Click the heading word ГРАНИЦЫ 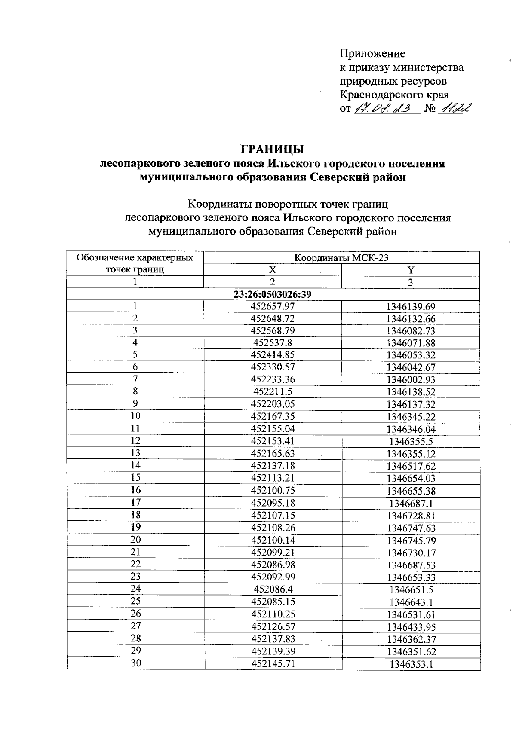tap(272, 149)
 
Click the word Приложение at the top tap(372, 54)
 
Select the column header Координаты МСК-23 tap(341, 258)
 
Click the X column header tap(272, 270)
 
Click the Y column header tap(410, 270)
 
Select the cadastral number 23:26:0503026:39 tap(272, 294)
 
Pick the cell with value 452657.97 tap(273, 306)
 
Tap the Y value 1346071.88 tap(411, 343)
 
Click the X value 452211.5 tap(273, 391)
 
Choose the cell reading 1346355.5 tap(411, 441)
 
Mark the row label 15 tap(135, 477)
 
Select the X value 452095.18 tap(273, 503)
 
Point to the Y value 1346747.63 tap(411, 528)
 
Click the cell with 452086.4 tap(273, 589)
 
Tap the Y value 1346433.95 tap(411, 626)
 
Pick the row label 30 tap(135, 663)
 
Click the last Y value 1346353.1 tap(411, 664)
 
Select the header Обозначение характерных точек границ tap(135, 263)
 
